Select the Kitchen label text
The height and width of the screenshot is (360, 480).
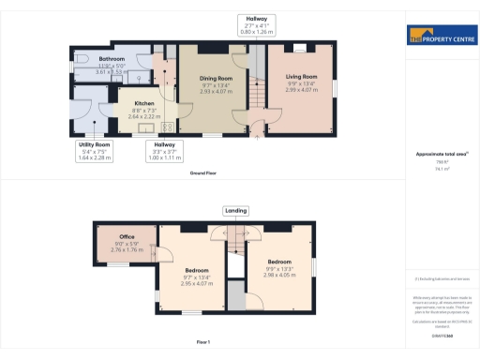coord(143,110)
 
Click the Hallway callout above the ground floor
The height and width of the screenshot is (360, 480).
coord(256,24)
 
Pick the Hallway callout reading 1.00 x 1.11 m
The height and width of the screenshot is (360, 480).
coord(165,151)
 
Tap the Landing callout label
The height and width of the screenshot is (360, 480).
coord(236,211)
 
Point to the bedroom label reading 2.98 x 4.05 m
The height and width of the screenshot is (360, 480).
coord(279,268)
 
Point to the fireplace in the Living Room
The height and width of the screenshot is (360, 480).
coord(301,47)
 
